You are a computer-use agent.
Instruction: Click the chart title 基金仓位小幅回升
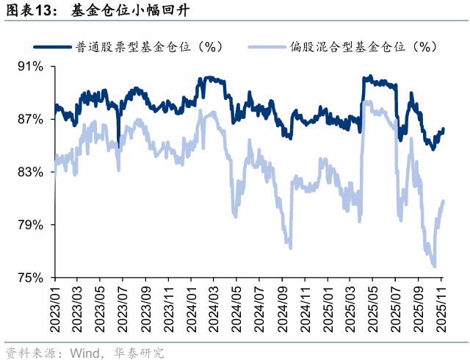pyautogui.click(x=132, y=10)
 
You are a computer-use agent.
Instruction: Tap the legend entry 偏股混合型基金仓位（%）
pyautogui.click(x=345, y=47)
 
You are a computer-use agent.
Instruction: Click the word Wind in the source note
pyautogui.click(x=85, y=352)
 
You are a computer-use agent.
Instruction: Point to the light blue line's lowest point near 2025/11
pyautogui.click(x=435, y=267)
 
